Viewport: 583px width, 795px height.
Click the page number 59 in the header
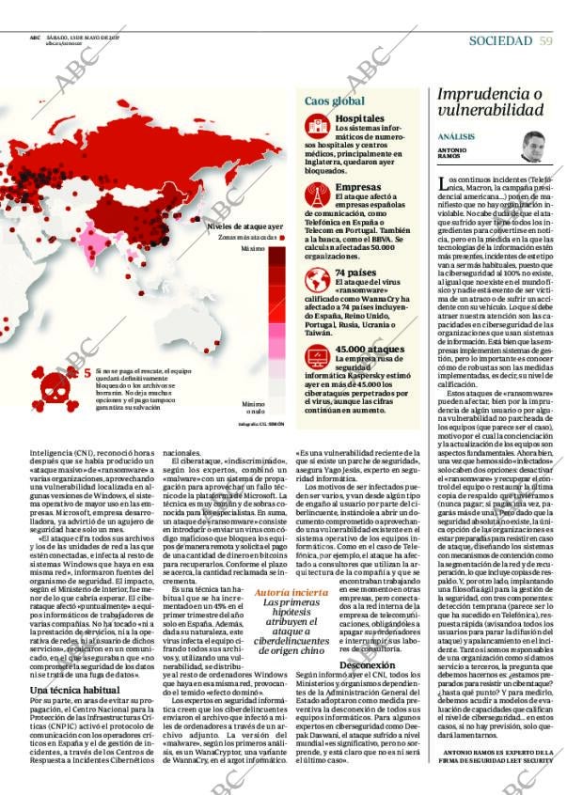tap(546, 40)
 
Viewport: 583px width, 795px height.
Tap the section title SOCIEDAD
tap(500, 40)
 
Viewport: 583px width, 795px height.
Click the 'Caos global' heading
tap(334, 101)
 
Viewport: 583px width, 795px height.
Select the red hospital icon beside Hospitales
tap(318, 124)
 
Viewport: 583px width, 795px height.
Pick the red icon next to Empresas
tap(318, 194)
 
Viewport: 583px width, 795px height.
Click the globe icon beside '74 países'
tap(318, 279)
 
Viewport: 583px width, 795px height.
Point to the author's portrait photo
tap(534, 147)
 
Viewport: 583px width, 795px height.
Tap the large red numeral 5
tap(87, 373)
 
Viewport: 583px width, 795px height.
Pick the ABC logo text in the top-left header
tap(35, 38)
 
